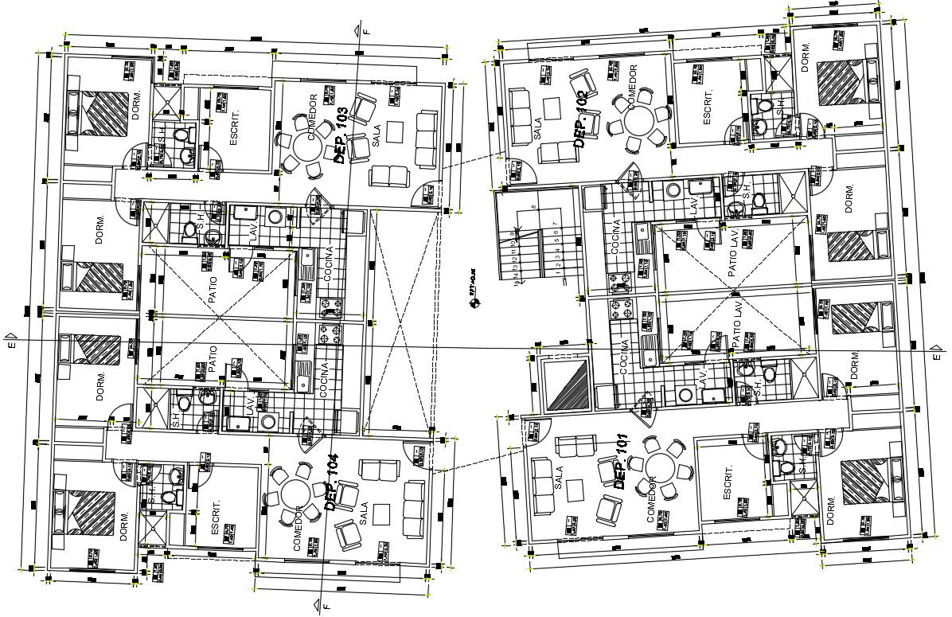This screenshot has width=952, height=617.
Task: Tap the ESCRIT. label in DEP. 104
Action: point(215,519)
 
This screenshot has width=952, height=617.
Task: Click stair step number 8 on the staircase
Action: point(533,206)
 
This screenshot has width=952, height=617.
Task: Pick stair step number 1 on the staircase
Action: point(558,273)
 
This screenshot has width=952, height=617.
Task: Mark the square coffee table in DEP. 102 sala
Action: point(552,106)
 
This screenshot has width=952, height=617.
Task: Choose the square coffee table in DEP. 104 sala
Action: point(382,510)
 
